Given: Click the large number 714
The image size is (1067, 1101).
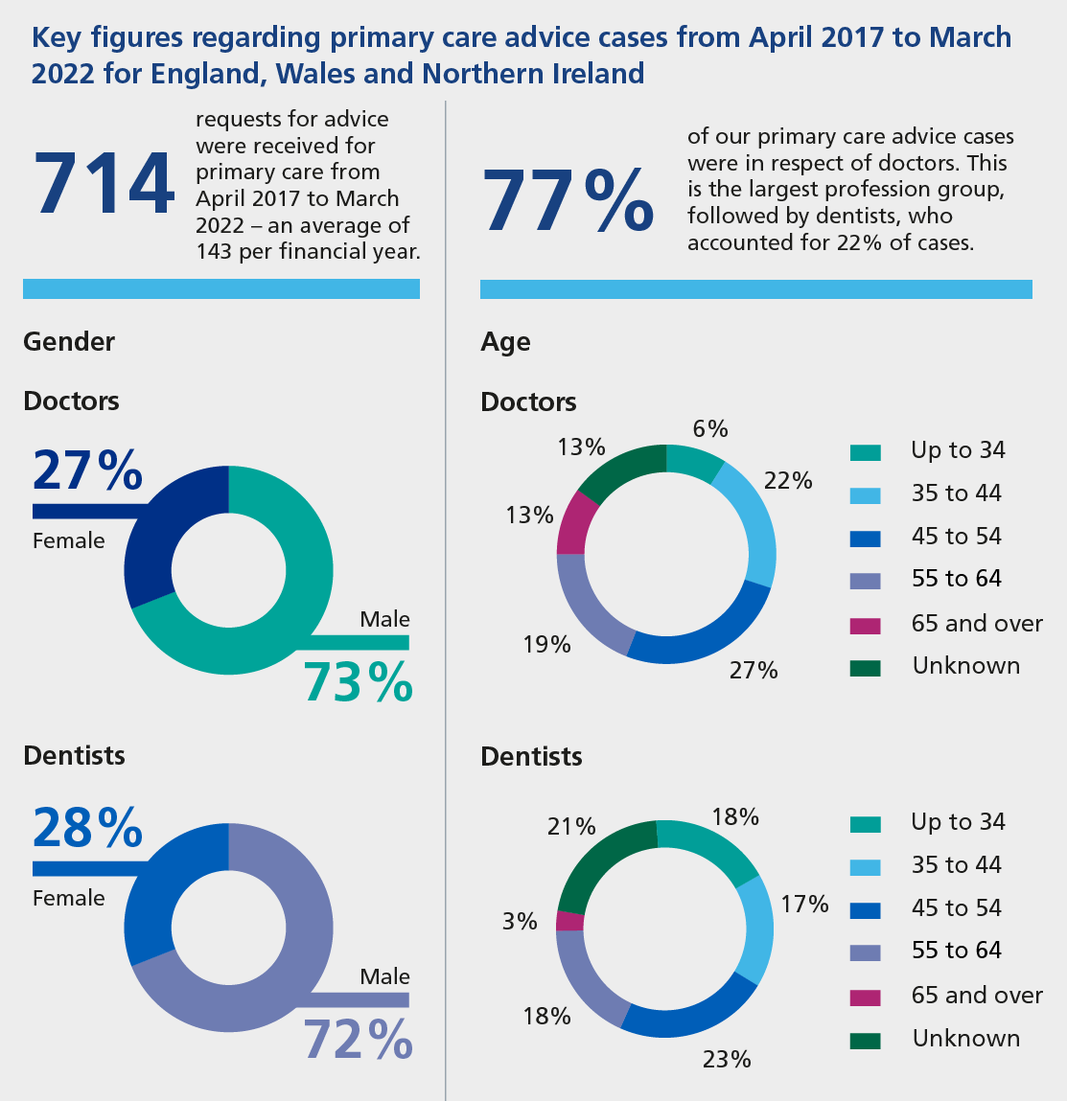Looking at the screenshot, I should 104,184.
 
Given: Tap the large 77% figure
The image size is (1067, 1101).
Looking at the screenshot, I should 568,199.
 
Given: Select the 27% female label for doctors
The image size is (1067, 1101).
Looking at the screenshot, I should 87,470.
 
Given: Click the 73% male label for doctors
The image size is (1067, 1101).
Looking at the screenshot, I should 358,682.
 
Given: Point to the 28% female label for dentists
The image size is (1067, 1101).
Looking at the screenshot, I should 87,828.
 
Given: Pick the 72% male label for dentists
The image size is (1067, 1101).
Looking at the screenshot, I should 358,1039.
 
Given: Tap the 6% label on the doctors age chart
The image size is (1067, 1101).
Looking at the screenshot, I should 709,429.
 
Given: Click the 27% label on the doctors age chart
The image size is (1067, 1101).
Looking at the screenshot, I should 754,671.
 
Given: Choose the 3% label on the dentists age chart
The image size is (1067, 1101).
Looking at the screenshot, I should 520,921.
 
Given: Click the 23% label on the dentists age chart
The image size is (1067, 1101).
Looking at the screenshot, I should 727,1059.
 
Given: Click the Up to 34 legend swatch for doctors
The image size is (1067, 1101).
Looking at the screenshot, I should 865,452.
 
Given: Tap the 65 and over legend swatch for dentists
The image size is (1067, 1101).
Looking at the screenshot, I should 865,997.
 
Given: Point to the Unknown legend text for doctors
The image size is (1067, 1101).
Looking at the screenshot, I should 965,666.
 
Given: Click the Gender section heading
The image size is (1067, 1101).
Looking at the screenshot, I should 69,342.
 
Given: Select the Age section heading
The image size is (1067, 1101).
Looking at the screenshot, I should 505,343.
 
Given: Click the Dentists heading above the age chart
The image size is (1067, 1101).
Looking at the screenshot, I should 531,756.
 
